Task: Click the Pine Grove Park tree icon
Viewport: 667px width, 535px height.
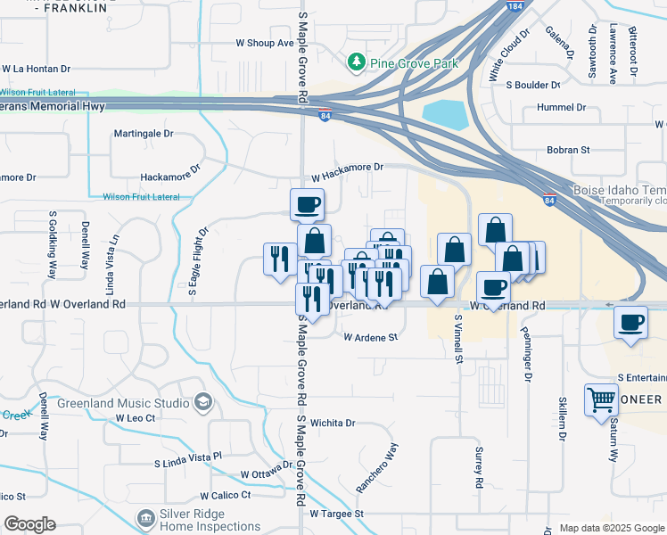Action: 357,62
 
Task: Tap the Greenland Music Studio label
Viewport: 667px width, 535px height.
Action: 123,403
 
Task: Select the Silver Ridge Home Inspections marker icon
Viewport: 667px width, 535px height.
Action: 145,517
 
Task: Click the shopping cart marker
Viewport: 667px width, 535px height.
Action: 601,399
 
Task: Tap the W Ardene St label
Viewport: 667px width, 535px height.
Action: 370,338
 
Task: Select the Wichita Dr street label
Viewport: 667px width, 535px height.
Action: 333,424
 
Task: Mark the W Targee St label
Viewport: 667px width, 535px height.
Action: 337,514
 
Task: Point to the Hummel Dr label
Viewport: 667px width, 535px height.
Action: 562,107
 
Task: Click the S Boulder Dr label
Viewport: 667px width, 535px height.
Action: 532,86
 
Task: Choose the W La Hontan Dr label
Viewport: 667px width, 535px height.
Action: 36,68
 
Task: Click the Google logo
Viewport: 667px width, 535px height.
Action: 29,524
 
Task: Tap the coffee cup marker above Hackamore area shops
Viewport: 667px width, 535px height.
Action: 307,205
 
